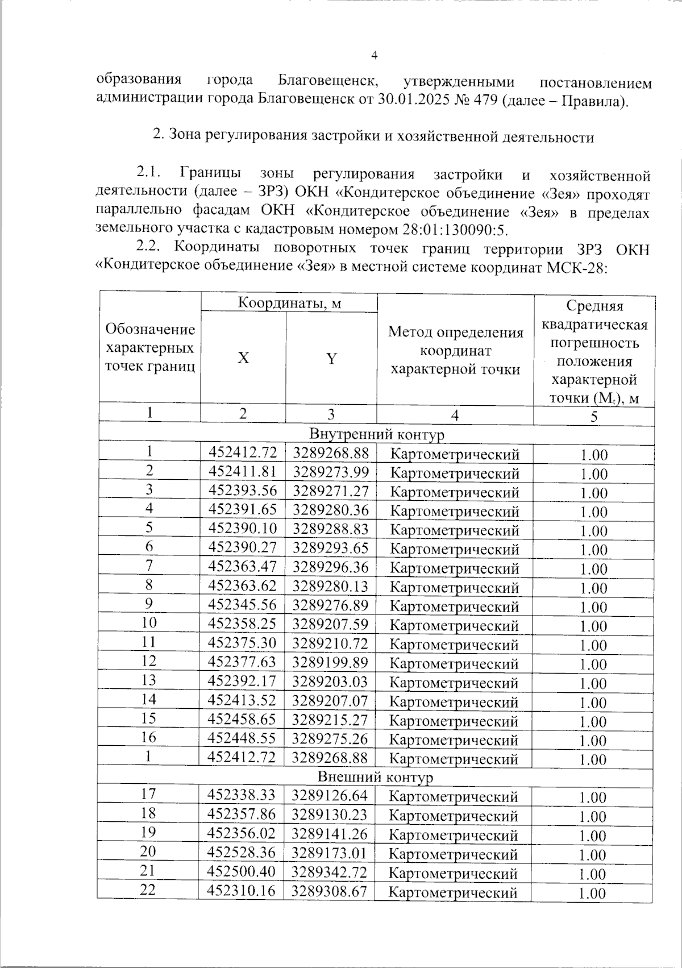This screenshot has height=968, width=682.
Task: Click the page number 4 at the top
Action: (374, 56)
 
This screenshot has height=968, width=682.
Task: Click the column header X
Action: (243, 358)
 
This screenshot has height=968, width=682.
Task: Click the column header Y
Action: (331, 358)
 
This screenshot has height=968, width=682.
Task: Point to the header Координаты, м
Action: (289, 303)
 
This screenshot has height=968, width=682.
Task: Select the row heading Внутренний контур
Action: (376, 435)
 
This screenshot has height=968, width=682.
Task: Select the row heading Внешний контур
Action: (375, 777)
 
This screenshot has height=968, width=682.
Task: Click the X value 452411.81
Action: (243, 472)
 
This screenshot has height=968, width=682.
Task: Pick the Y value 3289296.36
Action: (330, 567)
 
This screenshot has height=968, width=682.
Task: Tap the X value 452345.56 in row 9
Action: (243, 605)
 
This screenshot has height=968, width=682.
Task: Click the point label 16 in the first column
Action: (149, 737)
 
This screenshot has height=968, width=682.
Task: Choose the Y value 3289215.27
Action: (330, 719)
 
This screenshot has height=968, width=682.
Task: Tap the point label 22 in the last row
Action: (148, 890)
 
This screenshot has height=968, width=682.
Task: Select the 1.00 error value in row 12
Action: (593, 664)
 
